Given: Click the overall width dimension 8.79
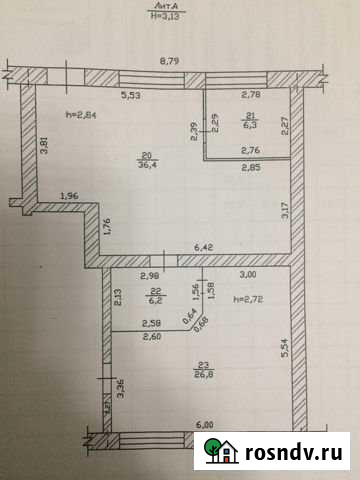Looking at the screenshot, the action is pos(176,62).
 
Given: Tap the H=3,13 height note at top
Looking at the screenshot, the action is pos(165,16).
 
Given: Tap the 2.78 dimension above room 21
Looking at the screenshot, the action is pos(250,95).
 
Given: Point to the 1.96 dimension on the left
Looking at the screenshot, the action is pos(68,196).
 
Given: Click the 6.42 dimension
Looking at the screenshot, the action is pos(203,246).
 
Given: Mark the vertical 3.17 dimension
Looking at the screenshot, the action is pos(283,209).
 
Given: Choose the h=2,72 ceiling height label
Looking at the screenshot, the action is pos(248,299).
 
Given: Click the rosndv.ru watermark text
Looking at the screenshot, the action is pos(295,452).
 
